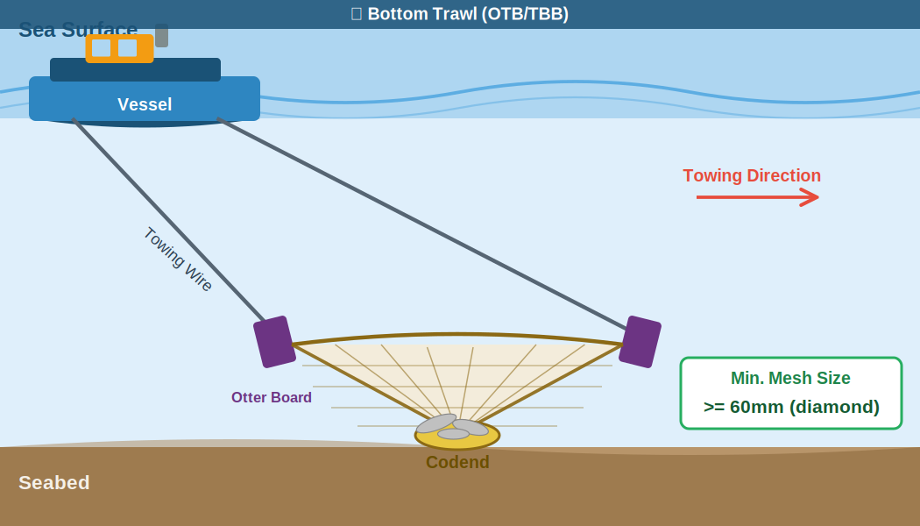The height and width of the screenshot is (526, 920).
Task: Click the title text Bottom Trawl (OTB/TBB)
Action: pyautogui.click(x=467, y=14)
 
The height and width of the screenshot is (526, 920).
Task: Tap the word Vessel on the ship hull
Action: pyautogui.click(x=145, y=104)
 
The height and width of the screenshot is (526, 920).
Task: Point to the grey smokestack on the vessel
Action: pyautogui.click(x=161, y=36)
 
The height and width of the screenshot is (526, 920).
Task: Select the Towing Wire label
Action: pyautogui.click(x=178, y=259)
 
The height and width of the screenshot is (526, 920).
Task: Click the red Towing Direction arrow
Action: pyautogui.click(x=757, y=197)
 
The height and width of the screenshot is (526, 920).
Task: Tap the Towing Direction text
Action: pyautogui.click(x=752, y=175)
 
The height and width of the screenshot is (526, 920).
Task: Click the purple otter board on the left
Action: pyautogui.click(x=274, y=342)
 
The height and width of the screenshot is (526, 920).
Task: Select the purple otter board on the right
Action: pyautogui.click(x=640, y=342)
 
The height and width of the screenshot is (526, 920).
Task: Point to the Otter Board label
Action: pyautogui.click(x=272, y=397)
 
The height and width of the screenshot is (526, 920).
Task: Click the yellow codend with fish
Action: pyautogui.click(x=457, y=432)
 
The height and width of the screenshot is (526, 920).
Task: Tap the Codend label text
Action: pyautogui.click(x=457, y=462)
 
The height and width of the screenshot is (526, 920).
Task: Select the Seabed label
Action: pyautogui.click(x=54, y=483)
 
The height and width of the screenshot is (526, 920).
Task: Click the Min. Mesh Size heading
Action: pyautogui.click(x=790, y=378)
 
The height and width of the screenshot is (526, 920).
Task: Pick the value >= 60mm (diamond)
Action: pyautogui.click(x=791, y=407)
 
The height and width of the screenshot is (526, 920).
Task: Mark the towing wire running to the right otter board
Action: pyautogui.click(x=421, y=223)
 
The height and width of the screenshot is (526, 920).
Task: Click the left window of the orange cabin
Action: pyautogui.click(x=101, y=48)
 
